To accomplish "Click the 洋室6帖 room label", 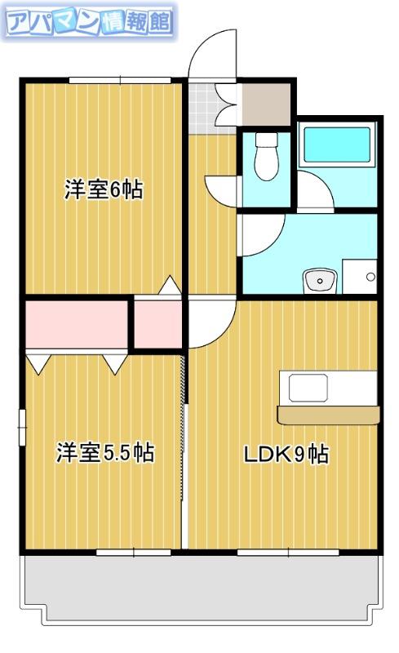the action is tap(104, 190).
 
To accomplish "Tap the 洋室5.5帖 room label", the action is tap(105, 453).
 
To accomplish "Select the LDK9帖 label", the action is tap(286, 454).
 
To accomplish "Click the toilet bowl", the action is tap(267, 156).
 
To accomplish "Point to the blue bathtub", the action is tap(337, 144).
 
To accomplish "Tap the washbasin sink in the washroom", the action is tap(320, 280).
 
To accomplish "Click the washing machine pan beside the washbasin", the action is tap(360, 277).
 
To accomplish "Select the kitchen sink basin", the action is tap(308, 388).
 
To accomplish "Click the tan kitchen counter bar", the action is tap(329, 415).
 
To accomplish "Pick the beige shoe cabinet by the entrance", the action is tap(266, 104).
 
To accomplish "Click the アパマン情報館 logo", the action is tap(89, 22).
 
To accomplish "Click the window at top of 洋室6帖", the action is tap(121, 80).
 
